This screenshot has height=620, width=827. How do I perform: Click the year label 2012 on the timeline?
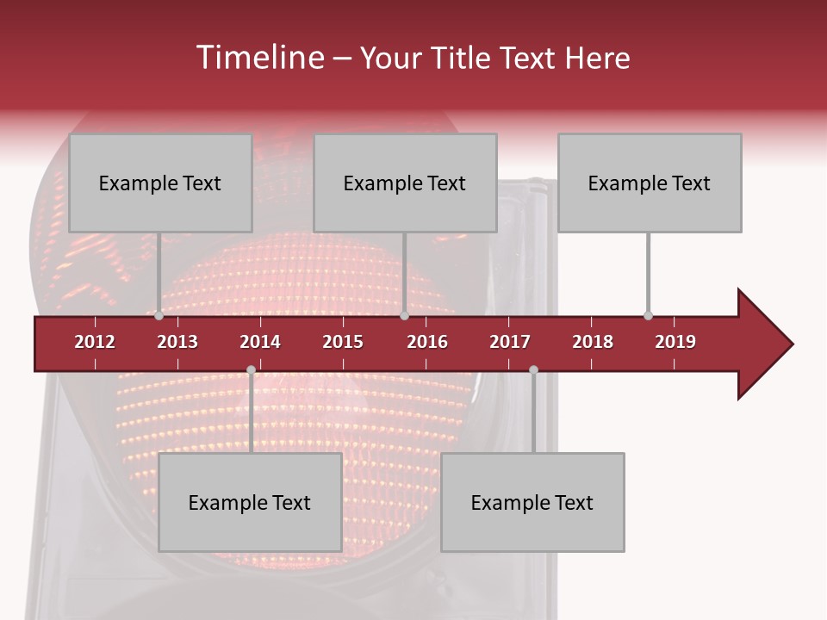click(95, 342)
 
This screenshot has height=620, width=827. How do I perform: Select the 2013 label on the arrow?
click(177, 342)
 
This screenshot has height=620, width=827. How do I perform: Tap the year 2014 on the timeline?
click(260, 342)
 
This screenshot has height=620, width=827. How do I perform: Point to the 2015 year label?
click(343, 342)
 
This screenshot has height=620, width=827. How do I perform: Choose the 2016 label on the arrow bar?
click(427, 342)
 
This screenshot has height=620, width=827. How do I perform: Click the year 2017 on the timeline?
click(510, 342)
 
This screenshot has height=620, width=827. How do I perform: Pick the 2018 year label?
click(593, 342)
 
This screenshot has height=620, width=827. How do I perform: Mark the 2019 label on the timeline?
click(675, 342)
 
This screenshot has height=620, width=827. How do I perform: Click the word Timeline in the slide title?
click(258, 58)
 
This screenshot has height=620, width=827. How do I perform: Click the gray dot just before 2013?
click(159, 316)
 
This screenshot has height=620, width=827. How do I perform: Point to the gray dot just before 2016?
click(404, 316)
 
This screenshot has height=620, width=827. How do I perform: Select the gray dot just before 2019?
click(648, 316)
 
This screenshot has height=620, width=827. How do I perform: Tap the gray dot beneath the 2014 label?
click(251, 370)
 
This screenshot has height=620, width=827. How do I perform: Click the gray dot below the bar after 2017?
click(533, 370)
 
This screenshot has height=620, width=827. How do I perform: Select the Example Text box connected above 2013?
click(160, 183)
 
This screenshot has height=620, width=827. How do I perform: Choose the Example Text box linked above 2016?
click(405, 183)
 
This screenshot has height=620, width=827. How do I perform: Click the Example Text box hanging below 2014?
click(250, 502)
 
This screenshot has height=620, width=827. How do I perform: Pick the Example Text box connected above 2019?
click(650, 183)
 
